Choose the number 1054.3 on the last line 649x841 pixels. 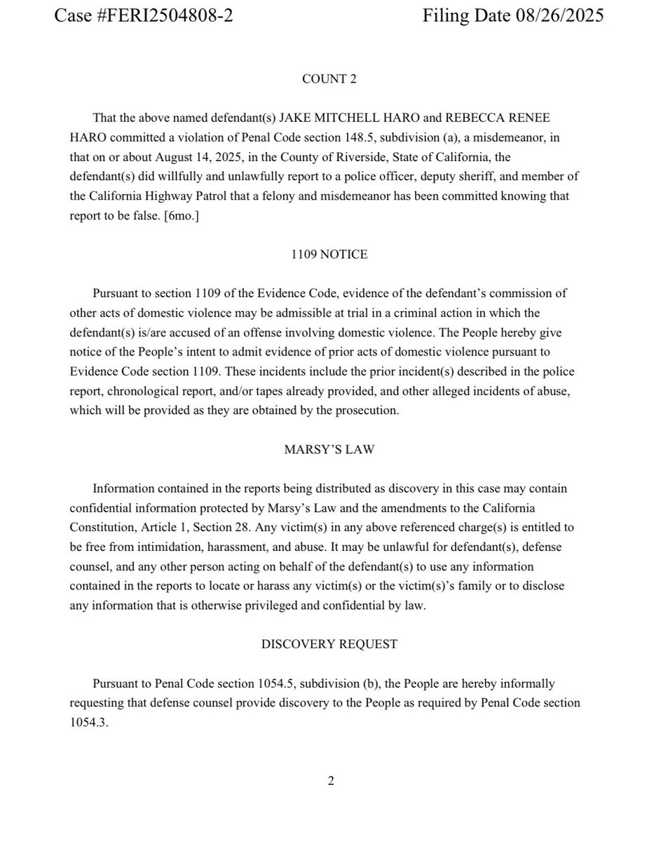coord(89,723)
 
